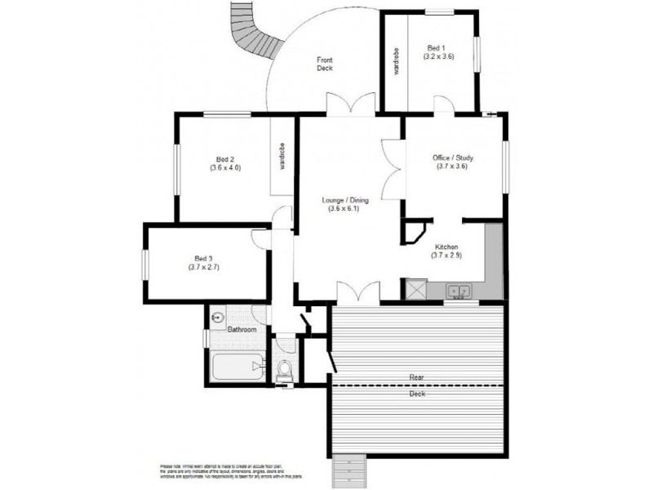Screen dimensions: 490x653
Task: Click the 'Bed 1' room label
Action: coord(438,47)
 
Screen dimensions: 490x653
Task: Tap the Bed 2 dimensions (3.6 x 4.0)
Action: coord(225,168)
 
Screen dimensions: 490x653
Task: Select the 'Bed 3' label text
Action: coord(204,257)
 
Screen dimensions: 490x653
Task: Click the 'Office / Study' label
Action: coord(453,158)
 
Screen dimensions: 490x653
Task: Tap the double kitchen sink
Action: coord(458,290)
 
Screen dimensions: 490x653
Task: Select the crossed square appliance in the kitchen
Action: coord(416,290)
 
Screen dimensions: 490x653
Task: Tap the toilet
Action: coord(283,369)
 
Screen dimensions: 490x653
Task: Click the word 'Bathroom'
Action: coord(242,330)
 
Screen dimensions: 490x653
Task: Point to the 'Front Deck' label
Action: coord(325,63)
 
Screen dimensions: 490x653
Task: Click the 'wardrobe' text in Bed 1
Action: coord(396,64)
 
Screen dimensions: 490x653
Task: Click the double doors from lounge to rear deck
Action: coord(358,292)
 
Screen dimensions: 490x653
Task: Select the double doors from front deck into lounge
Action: coord(350,105)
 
